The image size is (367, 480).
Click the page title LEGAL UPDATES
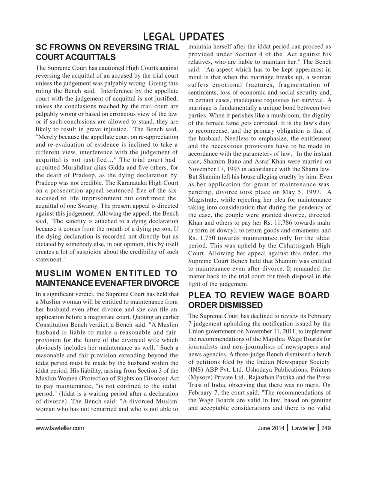[183, 36]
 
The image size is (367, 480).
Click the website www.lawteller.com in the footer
[60, 428]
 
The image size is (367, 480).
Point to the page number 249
[326, 428]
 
